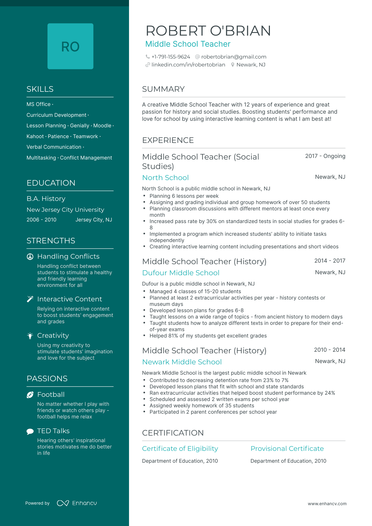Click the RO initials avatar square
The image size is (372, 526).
[70, 46]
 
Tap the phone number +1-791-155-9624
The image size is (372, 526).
[171, 57]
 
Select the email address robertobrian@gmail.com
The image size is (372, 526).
[233, 57]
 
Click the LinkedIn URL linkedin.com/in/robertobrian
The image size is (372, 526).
[188, 65]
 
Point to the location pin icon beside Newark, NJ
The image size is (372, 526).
[232, 65]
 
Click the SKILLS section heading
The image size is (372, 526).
[40, 89]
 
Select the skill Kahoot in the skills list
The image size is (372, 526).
[35, 137]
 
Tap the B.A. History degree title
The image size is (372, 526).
[46, 199]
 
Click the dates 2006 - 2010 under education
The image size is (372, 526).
[41, 220]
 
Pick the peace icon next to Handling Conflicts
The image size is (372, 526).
[30, 257]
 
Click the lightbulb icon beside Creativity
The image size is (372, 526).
[30, 336]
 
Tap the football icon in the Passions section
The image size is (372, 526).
[30, 395]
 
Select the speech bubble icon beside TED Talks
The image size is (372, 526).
[30, 431]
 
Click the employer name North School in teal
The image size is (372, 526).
[165, 178]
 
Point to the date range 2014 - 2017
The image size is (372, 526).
[330, 261]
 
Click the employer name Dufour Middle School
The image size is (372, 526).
[181, 273]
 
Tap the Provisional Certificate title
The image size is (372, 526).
[287, 449]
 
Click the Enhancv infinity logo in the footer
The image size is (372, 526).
[63, 503]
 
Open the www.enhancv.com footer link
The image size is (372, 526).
[327, 504]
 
